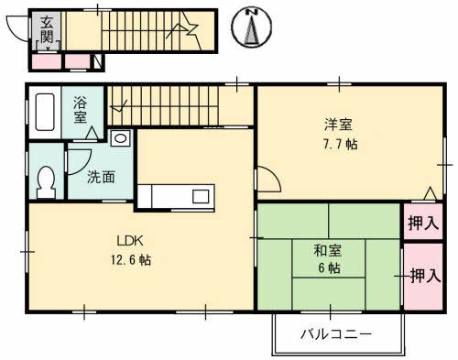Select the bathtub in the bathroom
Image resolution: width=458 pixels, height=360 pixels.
pyautogui.click(x=44, y=115)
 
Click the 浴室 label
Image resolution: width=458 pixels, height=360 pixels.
pyautogui.click(x=81, y=110)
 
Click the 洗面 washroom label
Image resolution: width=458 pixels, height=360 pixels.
pyautogui.click(x=101, y=178)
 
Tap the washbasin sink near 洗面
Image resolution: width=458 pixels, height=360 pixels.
pyautogui.click(x=121, y=139)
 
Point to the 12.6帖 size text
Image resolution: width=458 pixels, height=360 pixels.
pyautogui.click(x=133, y=260)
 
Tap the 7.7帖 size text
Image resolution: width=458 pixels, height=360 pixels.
pyautogui.click(x=338, y=144)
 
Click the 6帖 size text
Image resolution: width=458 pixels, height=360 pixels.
pyautogui.click(x=329, y=268)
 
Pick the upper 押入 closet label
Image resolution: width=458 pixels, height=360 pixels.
pyautogui.click(x=422, y=221)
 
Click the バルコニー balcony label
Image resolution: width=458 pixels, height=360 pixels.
pyautogui.click(x=336, y=333)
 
